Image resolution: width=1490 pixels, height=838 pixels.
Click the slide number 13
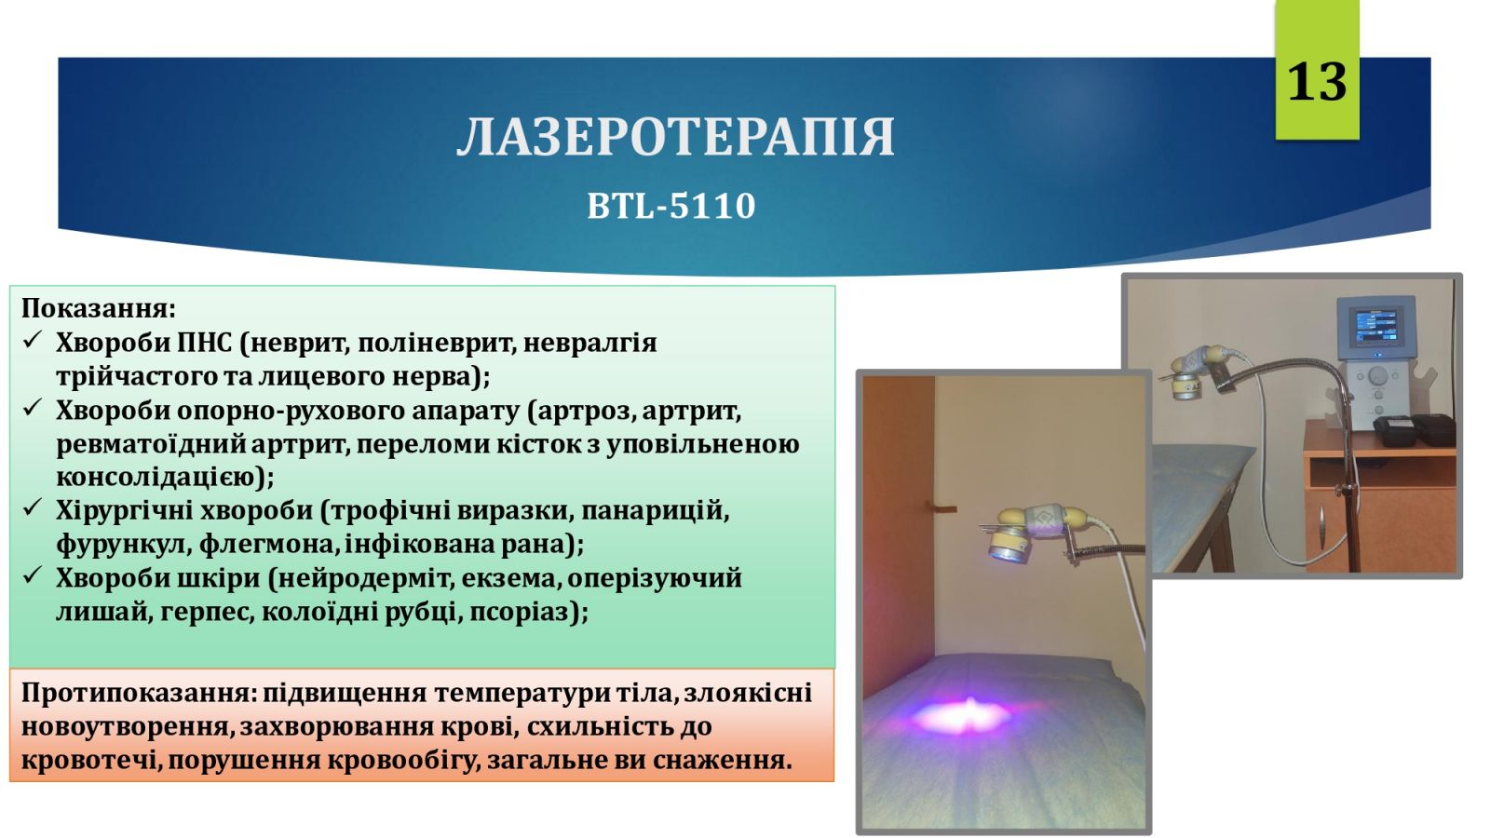point(1317,83)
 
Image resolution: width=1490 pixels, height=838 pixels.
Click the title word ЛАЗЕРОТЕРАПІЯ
point(676,138)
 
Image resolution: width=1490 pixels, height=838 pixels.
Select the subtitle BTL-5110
point(671,206)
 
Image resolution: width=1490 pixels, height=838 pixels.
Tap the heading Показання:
point(99,309)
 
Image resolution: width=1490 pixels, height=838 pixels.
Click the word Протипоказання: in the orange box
point(139,694)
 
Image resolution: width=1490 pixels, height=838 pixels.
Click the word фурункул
point(123,545)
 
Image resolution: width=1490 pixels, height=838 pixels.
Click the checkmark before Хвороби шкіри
point(32,574)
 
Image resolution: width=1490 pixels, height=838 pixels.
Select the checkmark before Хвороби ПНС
point(32,340)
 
